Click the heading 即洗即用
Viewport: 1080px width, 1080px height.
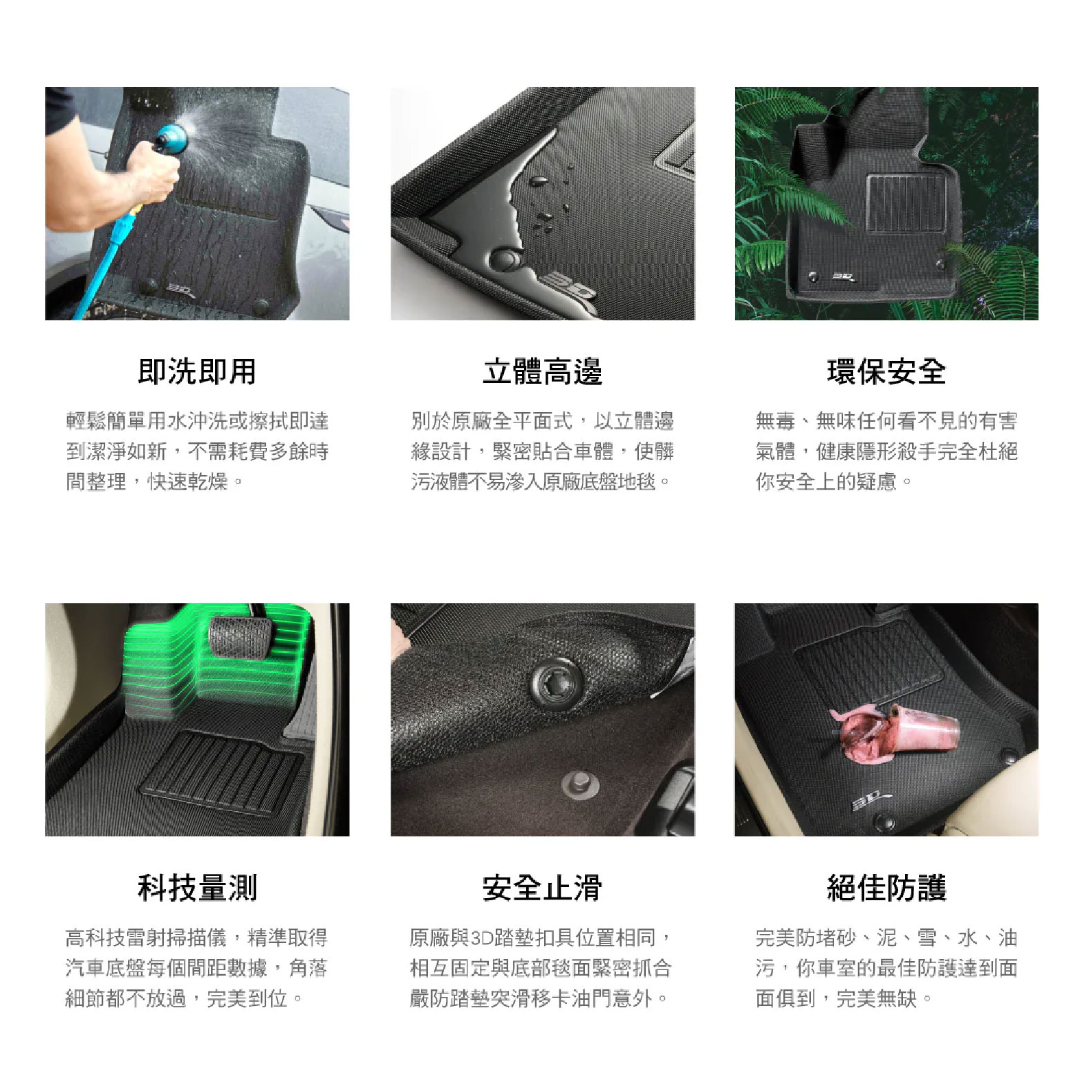coord(197,371)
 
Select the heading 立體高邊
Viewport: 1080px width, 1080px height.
coord(542,371)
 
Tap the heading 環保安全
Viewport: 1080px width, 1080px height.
coord(886,371)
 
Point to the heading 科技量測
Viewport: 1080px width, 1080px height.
coord(197,888)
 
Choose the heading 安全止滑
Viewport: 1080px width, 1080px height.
coord(542,888)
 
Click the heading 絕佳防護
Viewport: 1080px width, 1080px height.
coord(886,888)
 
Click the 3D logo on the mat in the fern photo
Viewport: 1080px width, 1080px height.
coord(843,277)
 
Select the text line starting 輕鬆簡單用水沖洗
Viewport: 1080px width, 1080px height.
coord(197,421)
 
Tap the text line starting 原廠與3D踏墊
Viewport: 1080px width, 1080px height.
coord(541,938)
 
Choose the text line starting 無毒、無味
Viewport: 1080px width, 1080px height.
coord(886,421)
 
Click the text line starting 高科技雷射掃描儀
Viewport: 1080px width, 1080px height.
coord(197,938)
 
